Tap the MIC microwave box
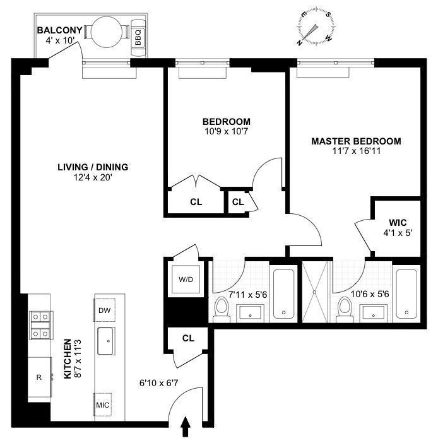tap(103, 404)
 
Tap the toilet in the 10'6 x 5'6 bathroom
tap(345, 308)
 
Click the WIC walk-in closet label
tap(398, 223)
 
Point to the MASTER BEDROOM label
tap(356, 141)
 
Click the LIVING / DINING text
tap(93, 167)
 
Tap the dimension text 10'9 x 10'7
tap(226, 132)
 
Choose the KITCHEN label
tap(68, 361)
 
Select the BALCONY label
tap(59, 30)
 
